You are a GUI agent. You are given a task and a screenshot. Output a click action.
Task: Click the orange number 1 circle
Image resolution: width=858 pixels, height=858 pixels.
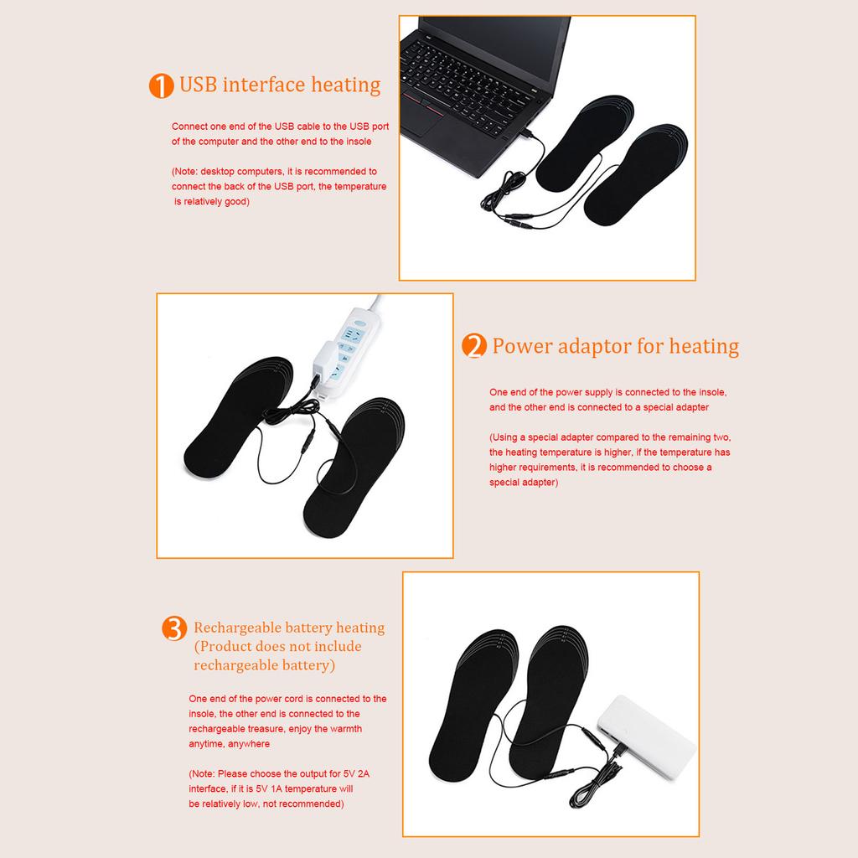[160, 86]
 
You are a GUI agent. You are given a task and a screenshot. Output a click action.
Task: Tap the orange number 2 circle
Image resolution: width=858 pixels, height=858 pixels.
[474, 347]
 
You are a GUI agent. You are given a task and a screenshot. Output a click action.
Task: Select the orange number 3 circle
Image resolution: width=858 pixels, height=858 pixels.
[173, 628]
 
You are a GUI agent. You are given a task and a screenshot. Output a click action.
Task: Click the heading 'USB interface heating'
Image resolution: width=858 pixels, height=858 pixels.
[280, 85]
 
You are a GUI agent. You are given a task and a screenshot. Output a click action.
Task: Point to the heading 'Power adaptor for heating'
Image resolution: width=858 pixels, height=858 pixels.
[615, 346]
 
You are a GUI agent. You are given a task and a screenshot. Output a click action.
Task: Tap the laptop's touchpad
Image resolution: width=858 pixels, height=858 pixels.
[424, 123]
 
